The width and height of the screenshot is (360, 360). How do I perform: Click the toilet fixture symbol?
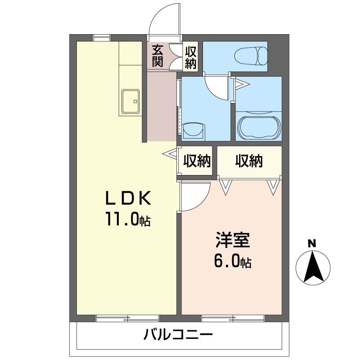click(x=251, y=57)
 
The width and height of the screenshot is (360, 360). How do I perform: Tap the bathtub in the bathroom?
click(x=259, y=127)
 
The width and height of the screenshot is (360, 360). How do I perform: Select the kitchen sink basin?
click(x=130, y=102)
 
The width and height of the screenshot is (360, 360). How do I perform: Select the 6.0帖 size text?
click(x=232, y=261)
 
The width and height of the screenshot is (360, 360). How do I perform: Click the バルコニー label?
click(x=178, y=335)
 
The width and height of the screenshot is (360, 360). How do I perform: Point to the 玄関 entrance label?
click(x=157, y=56)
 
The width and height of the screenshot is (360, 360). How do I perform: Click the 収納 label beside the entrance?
click(x=191, y=56)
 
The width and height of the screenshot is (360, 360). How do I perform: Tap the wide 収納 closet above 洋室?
click(x=249, y=161)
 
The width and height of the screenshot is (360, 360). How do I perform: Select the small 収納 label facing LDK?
click(x=197, y=161)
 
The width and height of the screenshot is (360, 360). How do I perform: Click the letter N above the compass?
click(x=311, y=244)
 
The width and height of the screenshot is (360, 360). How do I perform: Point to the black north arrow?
click(x=311, y=267)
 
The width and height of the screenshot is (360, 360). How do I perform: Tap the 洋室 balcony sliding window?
click(x=233, y=319)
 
